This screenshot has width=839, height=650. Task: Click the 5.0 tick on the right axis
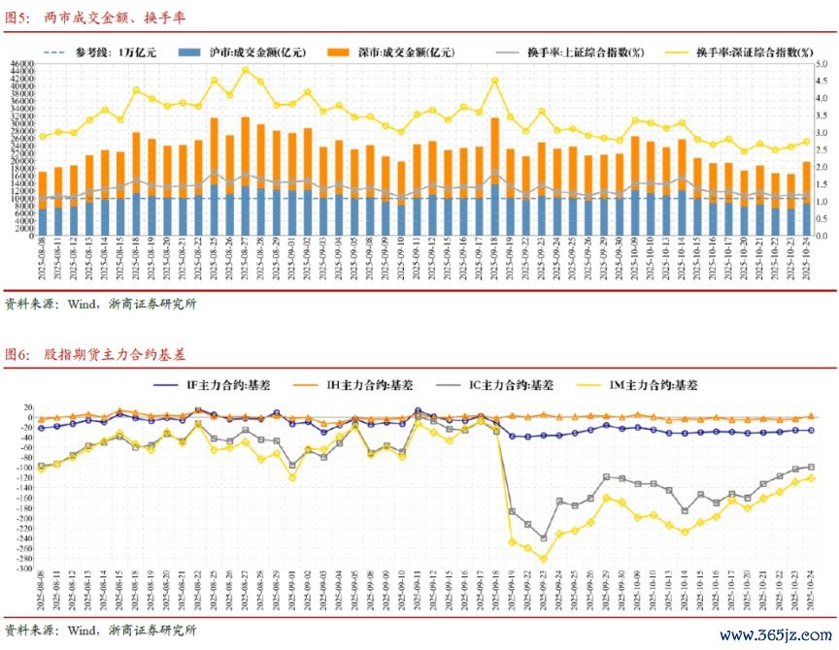click(x=821, y=64)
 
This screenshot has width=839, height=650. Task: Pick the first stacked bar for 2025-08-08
click(x=42, y=204)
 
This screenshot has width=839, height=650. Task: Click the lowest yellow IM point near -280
click(x=544, y=559)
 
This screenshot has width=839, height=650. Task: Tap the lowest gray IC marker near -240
click(x=544, y=537)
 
